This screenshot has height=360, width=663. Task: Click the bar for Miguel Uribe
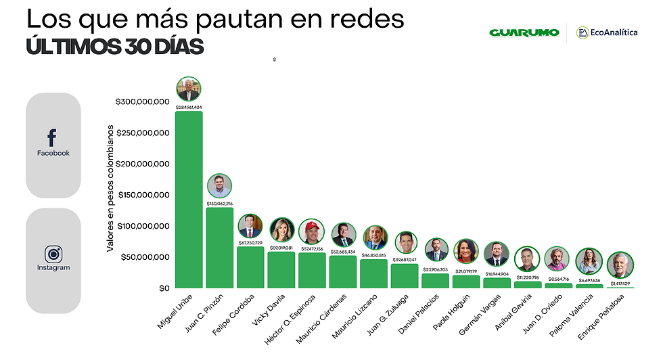(x=189, y=200)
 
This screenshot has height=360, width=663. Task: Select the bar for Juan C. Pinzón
(x=219, y=248)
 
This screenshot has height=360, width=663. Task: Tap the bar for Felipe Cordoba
(x=250, y=267)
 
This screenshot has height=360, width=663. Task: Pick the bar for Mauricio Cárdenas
(x=343, y=272)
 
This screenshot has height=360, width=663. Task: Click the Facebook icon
(x=52, y=138)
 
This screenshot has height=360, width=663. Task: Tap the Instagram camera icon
(x=53, y=254)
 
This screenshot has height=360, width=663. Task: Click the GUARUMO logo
(x=524, y=32)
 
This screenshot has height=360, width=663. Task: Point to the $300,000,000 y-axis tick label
(x=142, y=102)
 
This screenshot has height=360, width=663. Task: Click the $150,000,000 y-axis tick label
(x=142, y=195)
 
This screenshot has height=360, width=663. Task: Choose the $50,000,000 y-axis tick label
(x=145, y=257)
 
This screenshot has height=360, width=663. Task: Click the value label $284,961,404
(x=189, y=107)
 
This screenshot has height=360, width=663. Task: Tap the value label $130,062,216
(x=219, y=203)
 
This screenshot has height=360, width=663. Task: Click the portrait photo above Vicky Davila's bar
(x=281, y=230)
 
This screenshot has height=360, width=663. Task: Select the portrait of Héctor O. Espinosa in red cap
(x=312, y=232)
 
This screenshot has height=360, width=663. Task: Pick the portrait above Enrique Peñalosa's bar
(x=620, y=265)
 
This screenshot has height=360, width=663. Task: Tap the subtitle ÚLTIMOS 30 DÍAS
(x=115, y=47)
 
